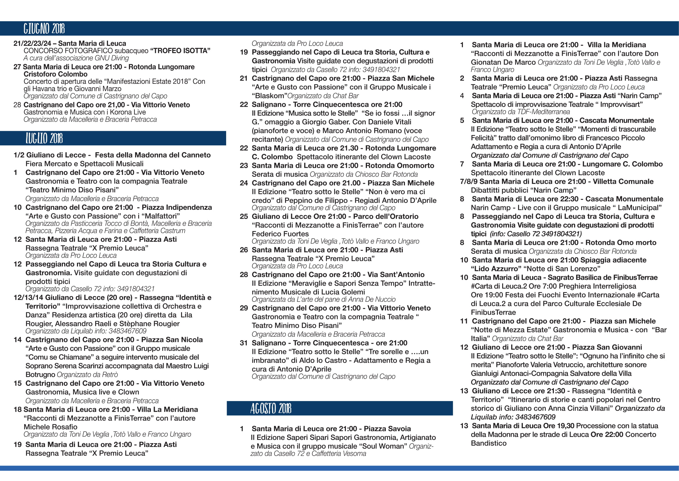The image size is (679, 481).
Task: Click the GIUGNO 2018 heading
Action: [x=44, y=29]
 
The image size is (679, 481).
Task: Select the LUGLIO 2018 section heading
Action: [x=44, y=138]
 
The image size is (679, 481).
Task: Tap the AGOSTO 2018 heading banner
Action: [x=271, y=408]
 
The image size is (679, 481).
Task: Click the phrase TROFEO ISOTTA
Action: [x=180, y=51]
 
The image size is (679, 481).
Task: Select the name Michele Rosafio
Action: [x=51, y=427]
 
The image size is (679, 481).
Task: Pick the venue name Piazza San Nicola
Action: [x=172, y=340]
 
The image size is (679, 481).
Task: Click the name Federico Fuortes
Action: [x=280, y=234]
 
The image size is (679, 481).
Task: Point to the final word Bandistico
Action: [x=489, y=443]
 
